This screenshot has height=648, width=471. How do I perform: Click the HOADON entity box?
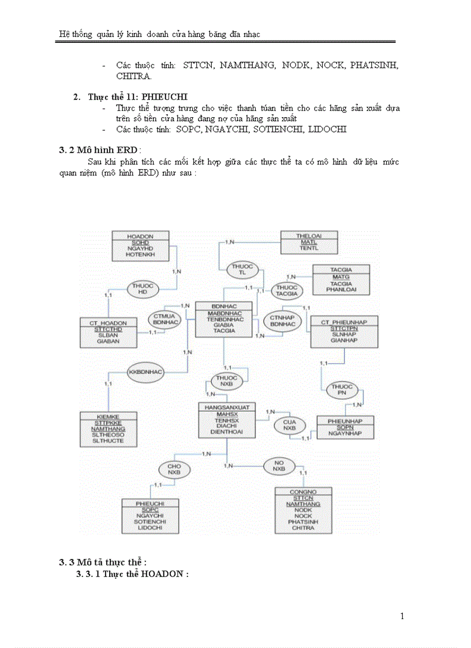pyautogui.click(x=140, y=245)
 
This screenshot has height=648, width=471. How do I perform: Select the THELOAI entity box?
pyautogui.click(x=308, y=241)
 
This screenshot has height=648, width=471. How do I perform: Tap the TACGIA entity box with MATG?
pyautogui.click(x=341, y=280)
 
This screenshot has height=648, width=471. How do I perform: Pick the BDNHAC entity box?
pyautogui.click(x=223, y=319)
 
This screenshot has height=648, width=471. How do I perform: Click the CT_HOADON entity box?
pyautogui.click(x=109, y=332)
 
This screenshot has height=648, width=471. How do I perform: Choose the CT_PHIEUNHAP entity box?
pyautogui.click(x=344, y=331)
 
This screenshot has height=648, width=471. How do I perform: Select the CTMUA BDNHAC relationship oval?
pyautogui.click(x=166, y=319)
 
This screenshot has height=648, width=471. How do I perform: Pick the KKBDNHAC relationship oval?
pyautogui.click(x=145, y=372)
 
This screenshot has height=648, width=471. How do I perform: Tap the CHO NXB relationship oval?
pyautogui.click(x=174, y=469)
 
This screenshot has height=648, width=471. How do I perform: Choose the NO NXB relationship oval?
pyautogui.click(x=279, y=466)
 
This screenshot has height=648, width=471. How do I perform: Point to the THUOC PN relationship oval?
pyautogui.click(x=342, y=389)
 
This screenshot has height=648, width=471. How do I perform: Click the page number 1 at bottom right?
pyautogui.click(x=402, y=616)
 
